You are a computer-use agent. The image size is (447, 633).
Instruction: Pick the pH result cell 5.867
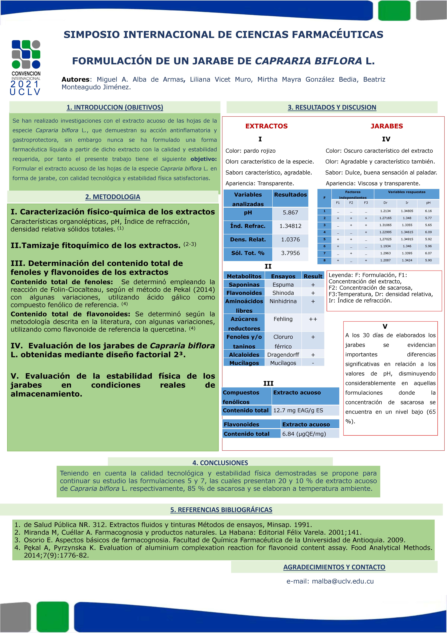click(290, 213)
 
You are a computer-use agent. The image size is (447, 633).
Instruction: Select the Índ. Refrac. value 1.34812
click(290, 226)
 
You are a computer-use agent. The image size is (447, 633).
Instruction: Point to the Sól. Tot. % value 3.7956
click(290, 253)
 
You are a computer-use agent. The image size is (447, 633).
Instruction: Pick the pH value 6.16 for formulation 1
click(428, 211)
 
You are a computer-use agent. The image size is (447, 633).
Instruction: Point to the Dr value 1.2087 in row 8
click(385, 260)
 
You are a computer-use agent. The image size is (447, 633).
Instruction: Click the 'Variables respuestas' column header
click(406, 192)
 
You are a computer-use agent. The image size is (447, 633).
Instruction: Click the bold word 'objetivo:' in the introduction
click(203, 159)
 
